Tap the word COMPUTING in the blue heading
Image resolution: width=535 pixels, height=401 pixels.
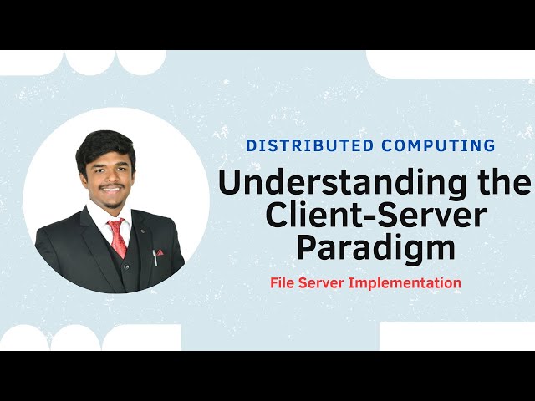click(438, 145)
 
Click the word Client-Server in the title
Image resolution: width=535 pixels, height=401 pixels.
click(374, 216)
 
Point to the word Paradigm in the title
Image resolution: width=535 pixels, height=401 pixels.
click(374, 248)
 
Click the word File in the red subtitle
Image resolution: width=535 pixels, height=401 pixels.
click(283, 282)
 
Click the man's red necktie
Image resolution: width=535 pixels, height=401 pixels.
click(118, 237)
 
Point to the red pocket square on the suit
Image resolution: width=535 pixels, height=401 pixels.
click(160, 251)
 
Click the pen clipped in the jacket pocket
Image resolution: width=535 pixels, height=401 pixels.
click(153, 256)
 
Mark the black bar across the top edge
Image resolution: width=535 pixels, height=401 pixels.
click(267, 24)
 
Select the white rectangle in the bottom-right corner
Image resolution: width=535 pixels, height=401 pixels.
click(456, 337)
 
